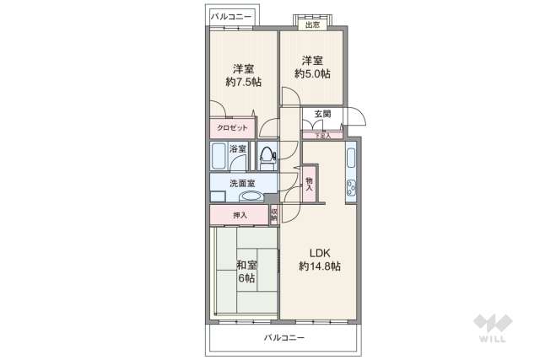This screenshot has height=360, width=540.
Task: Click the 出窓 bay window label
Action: [x=312, y=24]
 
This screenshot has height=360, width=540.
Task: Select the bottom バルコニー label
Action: [x=283, y=337]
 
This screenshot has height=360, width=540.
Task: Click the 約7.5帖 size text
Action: [x=243, y=83]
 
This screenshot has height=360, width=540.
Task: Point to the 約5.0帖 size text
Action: [x=312, y=74]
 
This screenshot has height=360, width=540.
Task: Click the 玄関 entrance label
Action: [x=322, y=115]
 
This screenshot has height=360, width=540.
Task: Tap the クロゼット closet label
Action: [x=232, y=128]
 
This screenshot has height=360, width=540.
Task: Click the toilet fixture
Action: [x=267, y=156]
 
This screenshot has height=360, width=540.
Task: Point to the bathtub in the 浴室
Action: [x=219, y=157]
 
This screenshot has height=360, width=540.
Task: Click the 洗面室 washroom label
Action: [x=242, y=183]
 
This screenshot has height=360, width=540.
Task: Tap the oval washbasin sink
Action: [x=251, y=196]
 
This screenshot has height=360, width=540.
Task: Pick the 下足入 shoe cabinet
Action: [x=322, y=134]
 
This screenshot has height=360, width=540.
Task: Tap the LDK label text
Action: [x=319, y=252]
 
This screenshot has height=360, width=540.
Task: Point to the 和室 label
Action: [x=246, y=265]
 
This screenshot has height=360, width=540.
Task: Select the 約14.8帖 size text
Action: [x=319, y=266]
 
